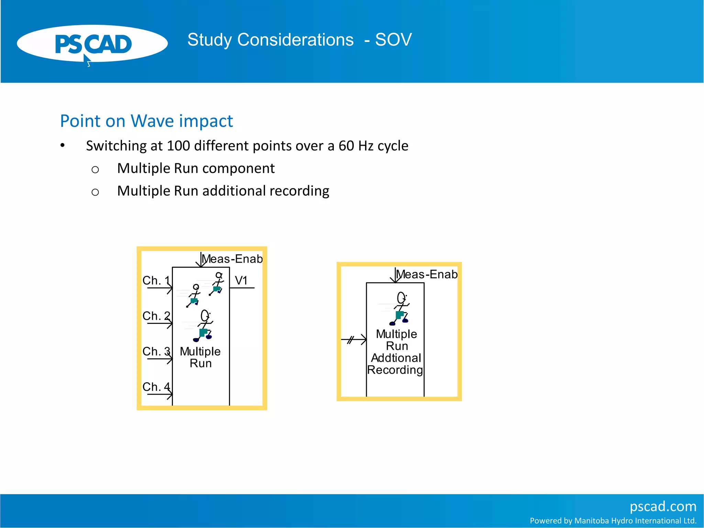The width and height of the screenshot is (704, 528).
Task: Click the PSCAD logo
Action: pos(92,44)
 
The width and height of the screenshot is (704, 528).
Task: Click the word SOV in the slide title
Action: pos(393,40)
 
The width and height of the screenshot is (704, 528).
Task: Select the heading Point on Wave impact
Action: pos(146,121)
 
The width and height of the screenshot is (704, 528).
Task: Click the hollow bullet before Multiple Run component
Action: pos(95,169)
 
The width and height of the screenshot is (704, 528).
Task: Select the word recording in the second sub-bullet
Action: pos(300,191)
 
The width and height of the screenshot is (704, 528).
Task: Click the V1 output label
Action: pos(241,280)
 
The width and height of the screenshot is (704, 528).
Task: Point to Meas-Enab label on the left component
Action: pos(232,259)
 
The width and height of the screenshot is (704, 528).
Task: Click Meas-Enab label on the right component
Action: pos(427,274)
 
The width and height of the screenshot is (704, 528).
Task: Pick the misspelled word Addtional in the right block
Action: pos(396,358)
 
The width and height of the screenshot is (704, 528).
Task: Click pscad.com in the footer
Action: pos(663,506)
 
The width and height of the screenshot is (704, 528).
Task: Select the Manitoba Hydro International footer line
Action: pos(613,521)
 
